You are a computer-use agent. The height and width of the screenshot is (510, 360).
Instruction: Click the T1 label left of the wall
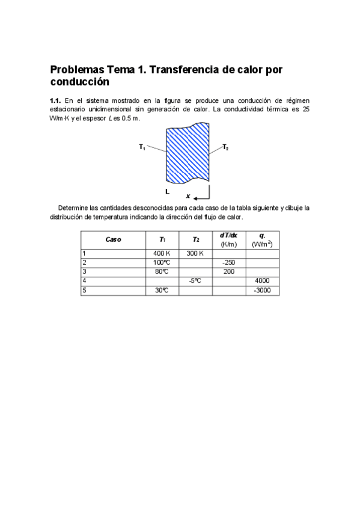(142, 147)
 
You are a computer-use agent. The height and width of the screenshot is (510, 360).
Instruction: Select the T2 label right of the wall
(225, 147)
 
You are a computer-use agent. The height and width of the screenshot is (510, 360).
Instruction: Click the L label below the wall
(167, 191)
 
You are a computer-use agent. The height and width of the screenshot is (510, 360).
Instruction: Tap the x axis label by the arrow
(188, 196)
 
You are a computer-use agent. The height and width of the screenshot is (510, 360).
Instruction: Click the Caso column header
(113, 239)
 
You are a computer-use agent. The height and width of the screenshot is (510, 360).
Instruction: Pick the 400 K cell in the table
(162, 254)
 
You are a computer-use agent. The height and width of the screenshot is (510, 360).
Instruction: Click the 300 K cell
(195, 254)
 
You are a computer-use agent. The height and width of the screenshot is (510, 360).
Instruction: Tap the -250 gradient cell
(228, 263)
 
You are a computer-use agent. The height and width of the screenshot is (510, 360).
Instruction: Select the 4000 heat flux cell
(263, 281)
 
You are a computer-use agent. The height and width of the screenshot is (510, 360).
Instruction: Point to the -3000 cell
(263, 290)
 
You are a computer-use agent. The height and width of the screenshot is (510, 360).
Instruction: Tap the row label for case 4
(85, 281)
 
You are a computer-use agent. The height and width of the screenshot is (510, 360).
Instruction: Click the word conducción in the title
(79, 82)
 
